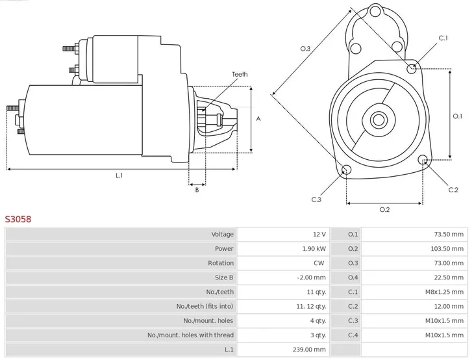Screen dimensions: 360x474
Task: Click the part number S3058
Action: coord(18,220)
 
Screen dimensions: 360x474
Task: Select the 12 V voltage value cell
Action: coord(319,235)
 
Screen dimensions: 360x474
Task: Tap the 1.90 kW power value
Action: coord(314,249)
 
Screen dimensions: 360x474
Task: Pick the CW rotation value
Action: coord(318,263)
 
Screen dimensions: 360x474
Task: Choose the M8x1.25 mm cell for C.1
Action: coord(446,292)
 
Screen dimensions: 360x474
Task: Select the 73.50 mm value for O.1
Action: coord(449,235)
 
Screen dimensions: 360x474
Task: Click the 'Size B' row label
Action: coord(222,277)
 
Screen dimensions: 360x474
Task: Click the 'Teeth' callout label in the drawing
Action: coord(240,75)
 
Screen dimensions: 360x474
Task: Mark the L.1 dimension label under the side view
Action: coord(119,175)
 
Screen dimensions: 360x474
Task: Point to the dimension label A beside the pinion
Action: coord(258,119)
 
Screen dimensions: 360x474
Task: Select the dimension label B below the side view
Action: coord(196,190)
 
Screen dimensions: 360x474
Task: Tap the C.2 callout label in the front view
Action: coord(453,190)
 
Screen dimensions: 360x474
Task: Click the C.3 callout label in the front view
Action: coord(316,199)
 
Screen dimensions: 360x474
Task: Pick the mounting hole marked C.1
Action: coord(411,68)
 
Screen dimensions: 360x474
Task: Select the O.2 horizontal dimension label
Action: coord(384,209)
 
